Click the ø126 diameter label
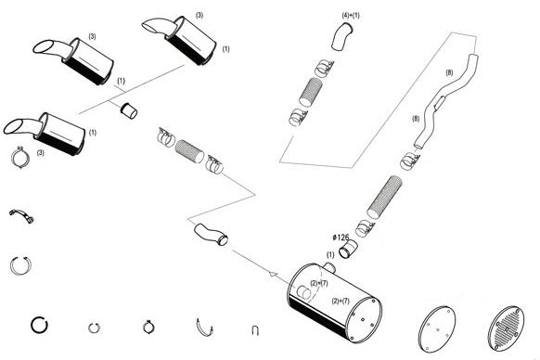coord(341,238)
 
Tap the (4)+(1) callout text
coord(351,16)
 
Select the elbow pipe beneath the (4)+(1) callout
coord(342,37)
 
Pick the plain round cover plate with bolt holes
coord(437,328)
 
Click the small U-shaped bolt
coord(255,330)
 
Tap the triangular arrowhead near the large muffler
coord(273,275)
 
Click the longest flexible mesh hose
coord(384,197)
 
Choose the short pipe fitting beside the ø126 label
coord(348,249)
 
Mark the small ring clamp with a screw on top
coord(148,327)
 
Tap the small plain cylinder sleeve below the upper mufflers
coord(129,110)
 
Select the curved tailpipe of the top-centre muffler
coord(159,27)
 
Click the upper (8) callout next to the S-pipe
coord(449,72)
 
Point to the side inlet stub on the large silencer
coord(303,292)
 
